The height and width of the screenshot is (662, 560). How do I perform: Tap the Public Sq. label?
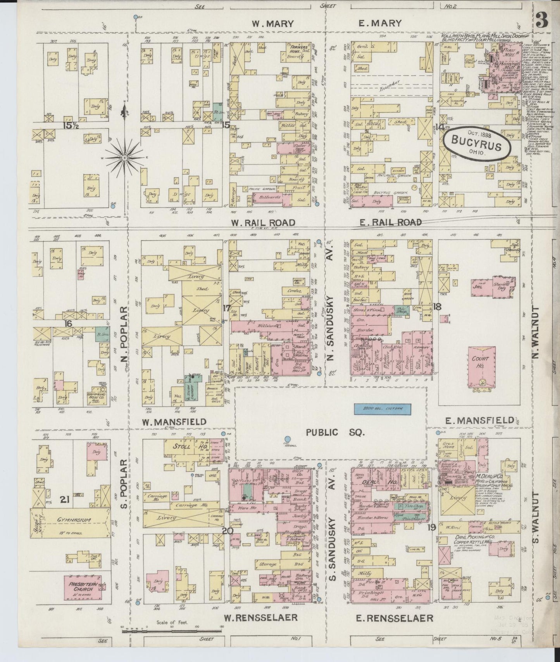(x=336, y=432)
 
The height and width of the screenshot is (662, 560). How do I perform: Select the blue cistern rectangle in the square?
(x=383, y=408)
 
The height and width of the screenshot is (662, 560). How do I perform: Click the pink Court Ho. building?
(x=481, y=366)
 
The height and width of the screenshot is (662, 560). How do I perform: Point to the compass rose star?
(x=125, y=158)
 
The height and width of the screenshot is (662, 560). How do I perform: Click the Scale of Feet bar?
(x=171, y=631)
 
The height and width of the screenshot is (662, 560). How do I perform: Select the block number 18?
(x=438, y=307)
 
